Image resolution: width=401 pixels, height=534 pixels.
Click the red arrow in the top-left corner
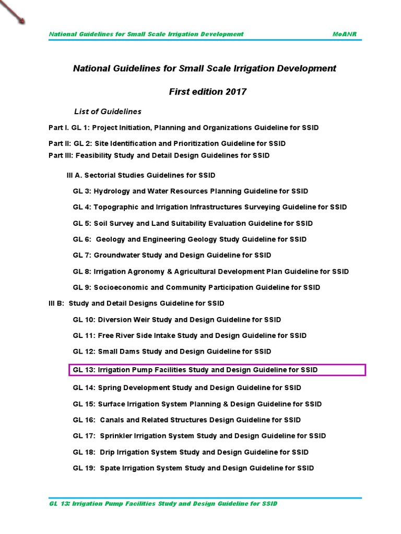pos(13,12)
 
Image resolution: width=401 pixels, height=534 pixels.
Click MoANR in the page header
pos(345,34)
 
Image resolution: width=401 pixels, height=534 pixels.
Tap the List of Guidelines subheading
pos(108,112)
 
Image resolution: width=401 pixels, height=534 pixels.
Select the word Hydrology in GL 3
pos(112,191)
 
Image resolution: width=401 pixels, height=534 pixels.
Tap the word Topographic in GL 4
pos(114,207)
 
